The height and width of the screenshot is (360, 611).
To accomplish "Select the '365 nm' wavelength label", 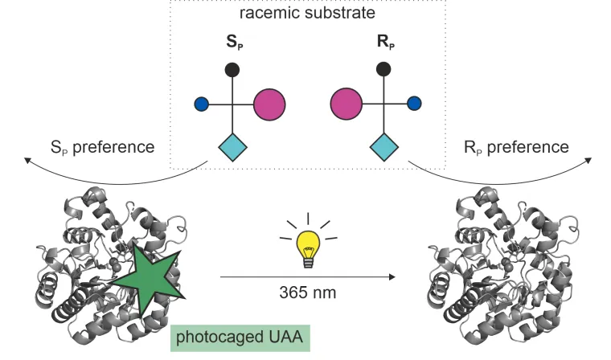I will [308, 292].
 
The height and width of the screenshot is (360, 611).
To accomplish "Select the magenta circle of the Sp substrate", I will [270, 104].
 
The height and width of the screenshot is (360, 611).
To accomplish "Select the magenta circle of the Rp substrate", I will [347, 104].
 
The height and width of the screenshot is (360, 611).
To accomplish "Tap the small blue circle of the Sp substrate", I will [201, 104].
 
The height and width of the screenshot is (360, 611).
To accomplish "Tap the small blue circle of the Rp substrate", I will [415, 104].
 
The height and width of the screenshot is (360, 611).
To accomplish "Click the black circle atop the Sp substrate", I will [232, 68].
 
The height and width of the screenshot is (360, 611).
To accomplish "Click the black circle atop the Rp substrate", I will [383, 68].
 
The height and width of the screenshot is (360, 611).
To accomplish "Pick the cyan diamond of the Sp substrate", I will [233, 147].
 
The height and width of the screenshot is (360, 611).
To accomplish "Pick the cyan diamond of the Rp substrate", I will [383, 147].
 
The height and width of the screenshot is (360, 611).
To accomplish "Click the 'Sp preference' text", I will [101, 148].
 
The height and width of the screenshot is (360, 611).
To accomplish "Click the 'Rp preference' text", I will [516, 147].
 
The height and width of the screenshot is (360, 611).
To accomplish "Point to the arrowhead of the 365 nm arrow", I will [393, 277].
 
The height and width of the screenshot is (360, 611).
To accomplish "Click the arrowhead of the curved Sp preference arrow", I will [28, 162].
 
